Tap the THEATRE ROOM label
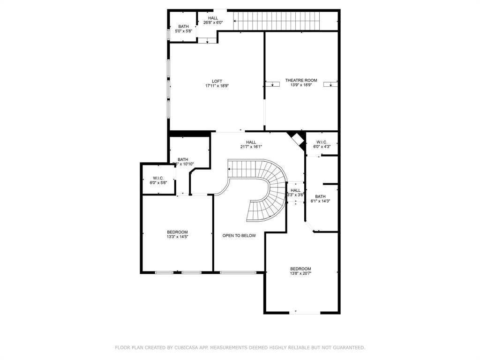point(301,81)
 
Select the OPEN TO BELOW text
point(239,235)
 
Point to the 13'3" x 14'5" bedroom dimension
point(177,237)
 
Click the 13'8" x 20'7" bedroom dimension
point(300,273)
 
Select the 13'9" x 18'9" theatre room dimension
point(301,85)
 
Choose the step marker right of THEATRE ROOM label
point(332,84)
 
